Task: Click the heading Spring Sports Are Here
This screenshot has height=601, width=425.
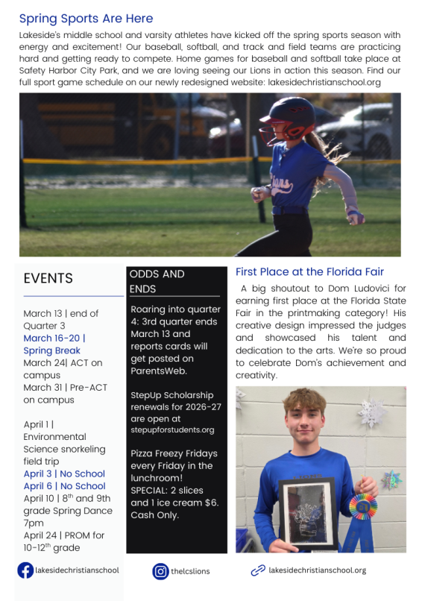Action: (86, 19)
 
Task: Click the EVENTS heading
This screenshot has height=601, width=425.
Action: (48, 278)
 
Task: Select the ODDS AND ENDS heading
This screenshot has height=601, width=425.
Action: (157, 281)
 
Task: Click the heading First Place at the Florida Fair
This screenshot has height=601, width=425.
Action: (309, 271)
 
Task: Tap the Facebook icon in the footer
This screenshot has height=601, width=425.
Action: (25, 570)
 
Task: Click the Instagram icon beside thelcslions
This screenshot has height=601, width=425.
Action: (160, 571)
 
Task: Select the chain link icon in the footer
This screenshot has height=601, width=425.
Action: (258, 570)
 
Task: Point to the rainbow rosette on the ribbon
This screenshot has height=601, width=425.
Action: (363, 506)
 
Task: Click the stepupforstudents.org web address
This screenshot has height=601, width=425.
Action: (172, 429)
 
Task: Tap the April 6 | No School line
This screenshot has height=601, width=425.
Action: (64, 485)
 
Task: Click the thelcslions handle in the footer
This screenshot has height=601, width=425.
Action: (190, 571)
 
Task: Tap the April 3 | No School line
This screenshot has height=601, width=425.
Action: (64, 473)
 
